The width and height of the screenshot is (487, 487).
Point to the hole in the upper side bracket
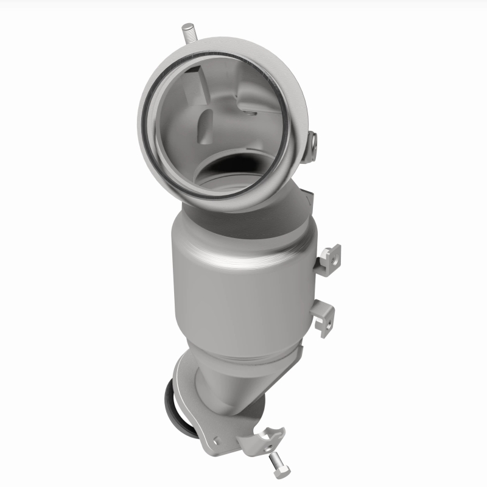pyautogui.click(x=334, y=258)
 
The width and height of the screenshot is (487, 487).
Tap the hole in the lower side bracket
pyautogui.click(x=328, y=315)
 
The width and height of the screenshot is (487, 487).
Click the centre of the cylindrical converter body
pyautogui.click(x=237, y=286)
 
